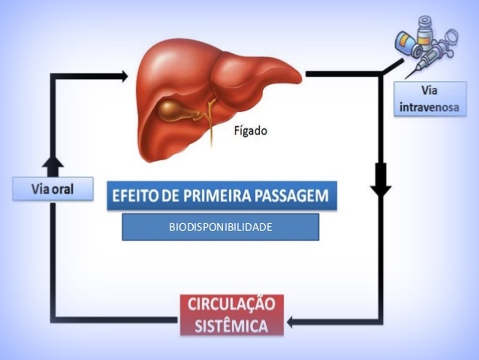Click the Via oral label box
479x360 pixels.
coord(53,189)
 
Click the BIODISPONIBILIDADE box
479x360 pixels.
coord(220,227)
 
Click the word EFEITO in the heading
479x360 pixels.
coord(134,195)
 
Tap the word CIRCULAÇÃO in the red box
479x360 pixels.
coord(232,305)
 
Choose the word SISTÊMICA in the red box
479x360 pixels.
coord(232,325)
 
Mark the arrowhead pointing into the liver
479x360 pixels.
coord(124,76)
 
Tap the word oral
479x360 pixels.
coord(63,189)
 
